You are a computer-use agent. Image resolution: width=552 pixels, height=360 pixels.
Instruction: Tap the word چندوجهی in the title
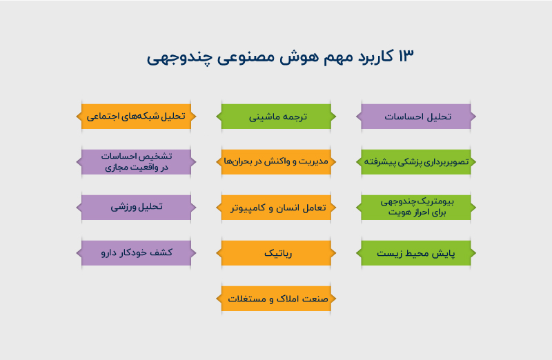click(x=173, y=57)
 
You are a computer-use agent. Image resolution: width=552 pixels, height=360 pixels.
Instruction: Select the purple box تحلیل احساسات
click(x=417, y=117)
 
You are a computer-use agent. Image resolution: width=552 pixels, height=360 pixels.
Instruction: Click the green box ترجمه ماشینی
click(x=277, y=117)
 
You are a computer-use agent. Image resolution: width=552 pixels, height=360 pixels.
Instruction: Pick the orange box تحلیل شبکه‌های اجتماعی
click(x=136, y=117)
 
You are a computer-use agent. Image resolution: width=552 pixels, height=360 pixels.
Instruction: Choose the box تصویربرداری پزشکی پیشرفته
click(x=417, y=161)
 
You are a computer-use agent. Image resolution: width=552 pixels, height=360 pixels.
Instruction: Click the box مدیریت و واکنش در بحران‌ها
click(x=277, y=161)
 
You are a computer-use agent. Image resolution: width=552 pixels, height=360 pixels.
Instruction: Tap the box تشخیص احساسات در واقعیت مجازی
click(x=136, y=161)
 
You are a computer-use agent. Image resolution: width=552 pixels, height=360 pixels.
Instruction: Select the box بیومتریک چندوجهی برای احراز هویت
click(x=417, y=208)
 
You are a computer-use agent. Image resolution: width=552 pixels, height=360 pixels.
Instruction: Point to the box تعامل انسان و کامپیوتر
click(x=277, y=207)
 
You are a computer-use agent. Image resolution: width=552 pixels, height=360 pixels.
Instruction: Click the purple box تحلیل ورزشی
click(x=136, y=207)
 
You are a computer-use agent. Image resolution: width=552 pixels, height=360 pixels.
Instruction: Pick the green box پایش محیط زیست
click(x=417, y=253)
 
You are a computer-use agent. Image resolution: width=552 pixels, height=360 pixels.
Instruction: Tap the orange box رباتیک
click(x=277, y=253)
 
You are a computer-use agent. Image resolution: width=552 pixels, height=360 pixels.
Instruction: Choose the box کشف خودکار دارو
click(x=136, y=252)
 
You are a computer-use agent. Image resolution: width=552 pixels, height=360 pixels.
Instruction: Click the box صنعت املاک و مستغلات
click(x=277, y=299)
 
